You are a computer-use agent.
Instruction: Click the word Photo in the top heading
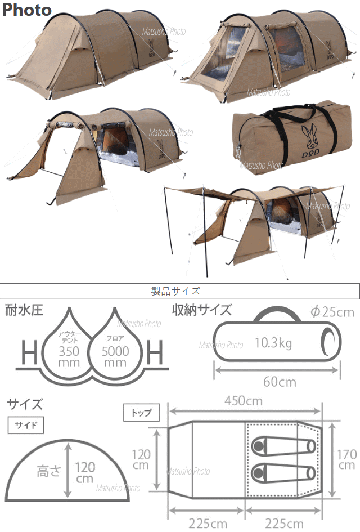[26, 10]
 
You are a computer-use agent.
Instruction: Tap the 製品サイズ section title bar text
[175, 291]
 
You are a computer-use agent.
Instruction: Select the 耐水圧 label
[24, 310]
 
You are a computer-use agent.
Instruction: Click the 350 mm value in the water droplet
[69, 356]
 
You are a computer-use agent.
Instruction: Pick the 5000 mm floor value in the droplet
[115, 356]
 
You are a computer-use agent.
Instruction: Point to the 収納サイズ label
[202, 310]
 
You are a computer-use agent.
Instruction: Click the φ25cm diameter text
[332, 312]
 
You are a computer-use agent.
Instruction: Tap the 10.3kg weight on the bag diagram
[273, 343]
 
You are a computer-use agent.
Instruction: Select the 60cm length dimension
[280, 382]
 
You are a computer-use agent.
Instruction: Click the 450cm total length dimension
[244, 401]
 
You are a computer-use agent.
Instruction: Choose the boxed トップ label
[141, 412]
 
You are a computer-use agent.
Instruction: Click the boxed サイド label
[26, 425]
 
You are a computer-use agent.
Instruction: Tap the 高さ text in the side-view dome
[49, 471]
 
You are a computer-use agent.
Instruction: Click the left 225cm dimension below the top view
[208, 523]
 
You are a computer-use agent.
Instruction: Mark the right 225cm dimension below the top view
[284, 523]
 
